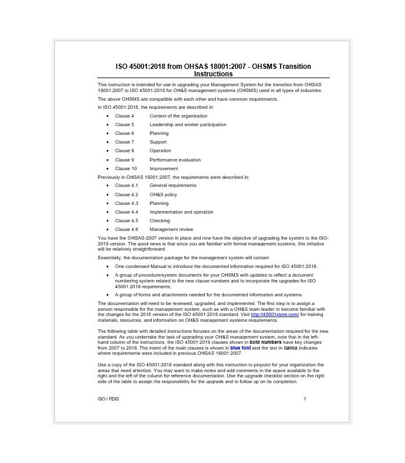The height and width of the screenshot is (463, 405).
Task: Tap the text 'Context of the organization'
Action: point(178,116)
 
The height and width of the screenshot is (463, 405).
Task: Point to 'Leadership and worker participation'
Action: point(187,124)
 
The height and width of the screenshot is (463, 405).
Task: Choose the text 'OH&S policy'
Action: point(163,194)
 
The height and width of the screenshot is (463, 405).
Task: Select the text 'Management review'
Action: point(172,230)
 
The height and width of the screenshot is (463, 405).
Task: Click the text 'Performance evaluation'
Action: point(175,160)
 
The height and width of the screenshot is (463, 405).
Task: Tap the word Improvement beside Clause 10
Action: point(164,168)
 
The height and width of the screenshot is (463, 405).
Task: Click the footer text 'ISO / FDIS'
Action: point(108,399)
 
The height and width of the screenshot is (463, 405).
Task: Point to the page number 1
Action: point(305,399)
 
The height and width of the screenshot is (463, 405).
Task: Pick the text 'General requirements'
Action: point(172,185)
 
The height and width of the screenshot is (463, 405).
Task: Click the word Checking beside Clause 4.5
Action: point(160,221)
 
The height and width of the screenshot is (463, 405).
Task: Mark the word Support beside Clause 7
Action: point(158,142)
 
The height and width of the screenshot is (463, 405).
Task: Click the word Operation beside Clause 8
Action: point(160,150)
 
